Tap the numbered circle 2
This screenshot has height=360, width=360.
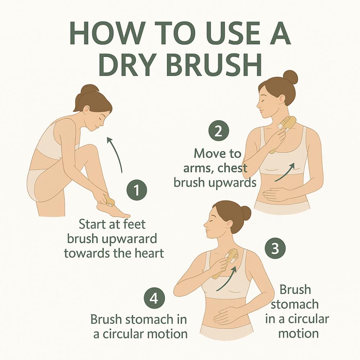point(219,131)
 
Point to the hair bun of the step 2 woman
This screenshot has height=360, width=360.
point(290,78)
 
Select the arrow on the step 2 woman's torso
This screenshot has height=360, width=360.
point(285,172)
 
